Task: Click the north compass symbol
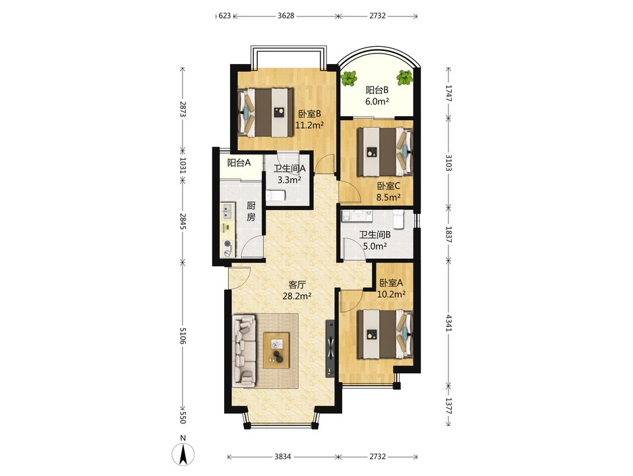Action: click(x=183, y=454)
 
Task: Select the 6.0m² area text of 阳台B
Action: click(x=377, y=102)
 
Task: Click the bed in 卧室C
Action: click(x=386, y=152)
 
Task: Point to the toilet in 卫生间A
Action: click(x=276, y=196)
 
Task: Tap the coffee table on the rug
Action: click(x=276, y=351)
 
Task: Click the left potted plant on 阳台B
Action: click(x=348, y=79)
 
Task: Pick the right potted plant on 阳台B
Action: click(x=404, y=78)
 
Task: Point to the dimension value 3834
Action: click(x=283, y=457)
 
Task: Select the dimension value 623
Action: click(x=224, y=16)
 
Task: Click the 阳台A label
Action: click(x=239, y=163)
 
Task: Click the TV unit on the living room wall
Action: click(x=330, y=348)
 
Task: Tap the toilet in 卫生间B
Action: click(x=398, y=219)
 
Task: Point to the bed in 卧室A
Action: click(x=386, y=334)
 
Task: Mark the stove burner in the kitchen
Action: click(x=227, y=244)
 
